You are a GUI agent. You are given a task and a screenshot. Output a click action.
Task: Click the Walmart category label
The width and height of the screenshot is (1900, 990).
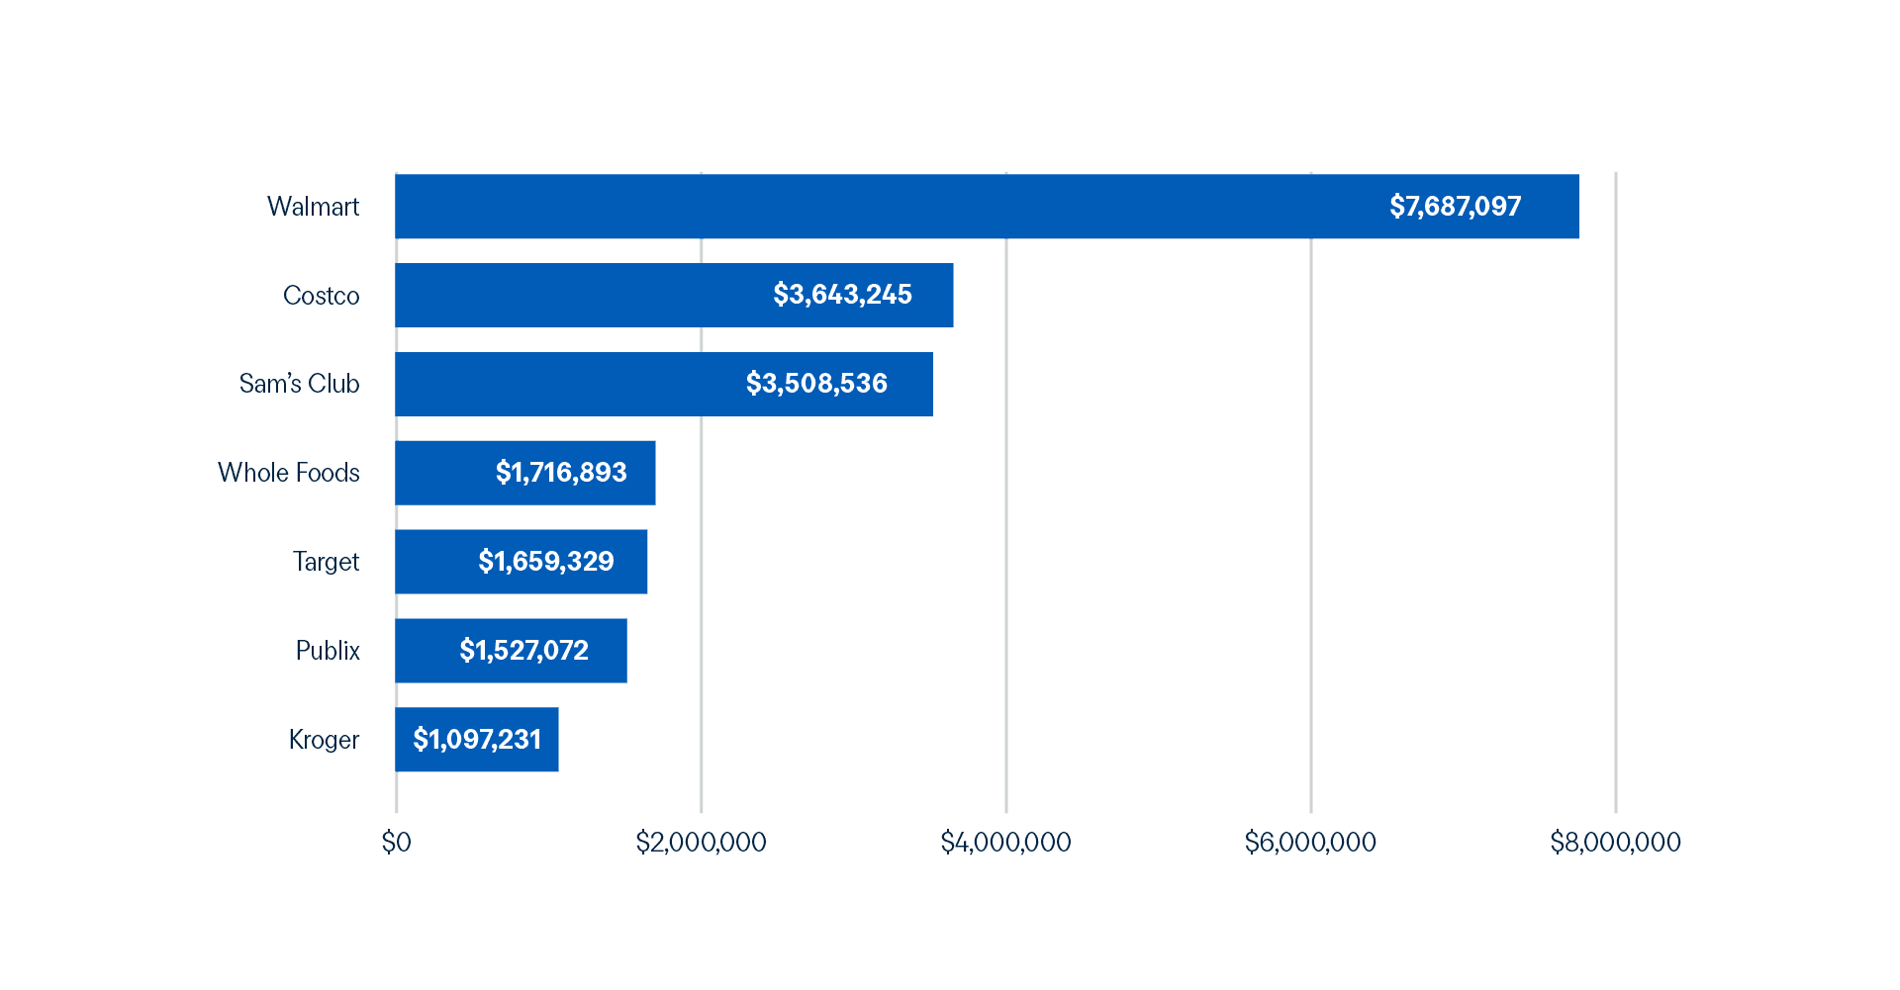click(313, 207)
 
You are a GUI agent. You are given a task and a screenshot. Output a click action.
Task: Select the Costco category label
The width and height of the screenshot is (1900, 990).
click(321, 296)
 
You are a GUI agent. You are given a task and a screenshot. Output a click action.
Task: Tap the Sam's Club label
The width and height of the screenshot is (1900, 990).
click(299, 384)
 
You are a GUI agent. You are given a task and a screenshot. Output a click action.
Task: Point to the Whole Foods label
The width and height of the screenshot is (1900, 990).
click(288, 473)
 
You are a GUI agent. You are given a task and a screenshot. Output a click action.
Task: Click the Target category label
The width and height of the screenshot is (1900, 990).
click(326, 562)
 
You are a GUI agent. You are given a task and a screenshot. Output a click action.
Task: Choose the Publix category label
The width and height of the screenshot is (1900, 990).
click(328, 651)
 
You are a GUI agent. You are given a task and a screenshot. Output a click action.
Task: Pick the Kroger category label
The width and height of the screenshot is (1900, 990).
click(324, 740)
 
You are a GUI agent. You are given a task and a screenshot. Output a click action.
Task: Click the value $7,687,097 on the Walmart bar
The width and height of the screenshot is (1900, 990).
click(1455, 207)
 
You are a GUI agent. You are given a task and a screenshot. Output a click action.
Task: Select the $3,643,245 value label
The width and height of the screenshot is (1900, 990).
click(842, 295)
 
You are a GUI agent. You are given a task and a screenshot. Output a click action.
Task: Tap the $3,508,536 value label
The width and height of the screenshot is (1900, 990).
click(816, 384)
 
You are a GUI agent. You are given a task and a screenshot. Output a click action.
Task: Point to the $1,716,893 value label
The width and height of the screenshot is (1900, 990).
click(561, 473)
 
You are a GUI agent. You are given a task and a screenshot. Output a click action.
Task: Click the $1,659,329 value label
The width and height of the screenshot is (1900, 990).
click(546, 562)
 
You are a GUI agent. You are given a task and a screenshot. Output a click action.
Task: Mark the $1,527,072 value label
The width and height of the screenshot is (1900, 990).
click(523, 651)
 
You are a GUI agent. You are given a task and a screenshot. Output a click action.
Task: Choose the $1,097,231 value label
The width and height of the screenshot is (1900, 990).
click(477, 740)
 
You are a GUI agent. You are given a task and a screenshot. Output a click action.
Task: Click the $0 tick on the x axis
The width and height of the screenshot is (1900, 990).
click(396, 843)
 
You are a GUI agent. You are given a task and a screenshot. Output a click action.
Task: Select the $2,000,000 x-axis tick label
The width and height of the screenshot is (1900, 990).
click(701, 843)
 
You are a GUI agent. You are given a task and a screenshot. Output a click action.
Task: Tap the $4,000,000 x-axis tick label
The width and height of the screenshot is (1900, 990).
click(1005, 843)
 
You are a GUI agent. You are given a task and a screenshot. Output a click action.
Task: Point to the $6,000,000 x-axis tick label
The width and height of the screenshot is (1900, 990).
click(1310, 843)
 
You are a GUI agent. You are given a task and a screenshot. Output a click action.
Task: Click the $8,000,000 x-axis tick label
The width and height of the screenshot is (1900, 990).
click(1615, 843)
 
